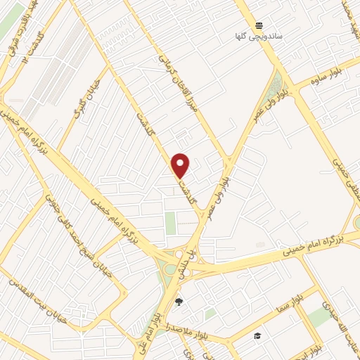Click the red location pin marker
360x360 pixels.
tap(181, 165)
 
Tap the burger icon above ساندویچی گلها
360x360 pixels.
tap(259, 24)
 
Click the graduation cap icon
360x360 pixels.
tap(258, 335)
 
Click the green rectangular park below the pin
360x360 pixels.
tap(171, 222)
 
